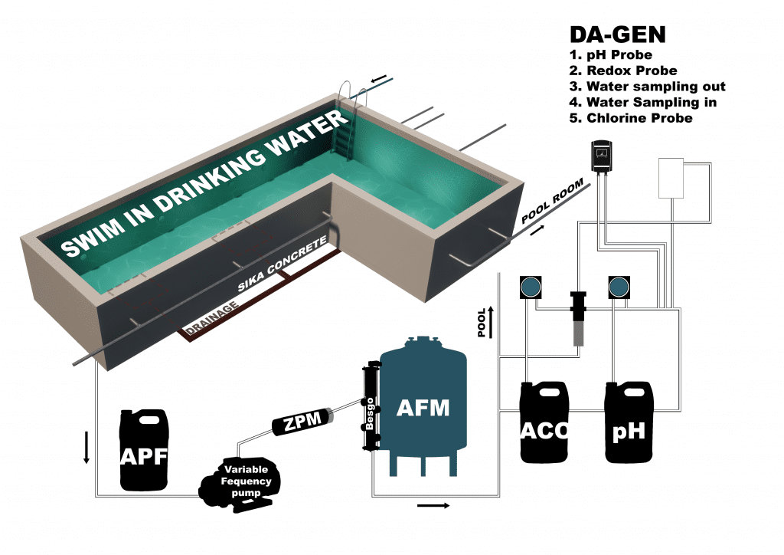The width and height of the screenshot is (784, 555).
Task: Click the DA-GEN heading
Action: coord(617,35)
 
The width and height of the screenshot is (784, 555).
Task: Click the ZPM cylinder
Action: coord(303,421)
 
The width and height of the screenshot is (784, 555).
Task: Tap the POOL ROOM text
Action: coord(554,202)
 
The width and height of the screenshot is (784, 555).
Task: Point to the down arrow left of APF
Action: coord(87,448)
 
